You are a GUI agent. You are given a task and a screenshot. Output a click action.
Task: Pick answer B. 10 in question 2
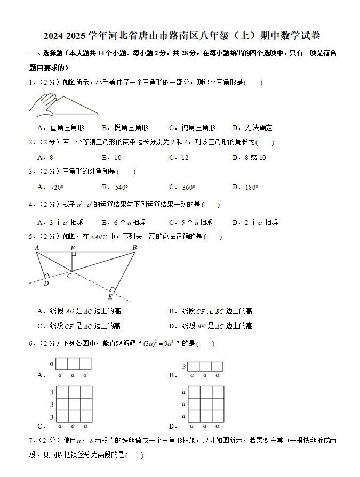111,158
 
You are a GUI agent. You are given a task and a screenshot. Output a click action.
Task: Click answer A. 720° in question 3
51,187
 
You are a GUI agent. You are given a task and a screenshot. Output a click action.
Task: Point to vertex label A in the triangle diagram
37,248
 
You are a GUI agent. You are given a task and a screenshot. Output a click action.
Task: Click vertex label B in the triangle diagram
134,248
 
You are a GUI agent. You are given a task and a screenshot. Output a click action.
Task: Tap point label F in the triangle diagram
73,248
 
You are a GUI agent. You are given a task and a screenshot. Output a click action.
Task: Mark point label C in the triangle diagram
69,276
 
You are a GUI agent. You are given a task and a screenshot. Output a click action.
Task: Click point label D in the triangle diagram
46,284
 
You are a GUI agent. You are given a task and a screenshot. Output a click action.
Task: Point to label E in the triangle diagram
110,297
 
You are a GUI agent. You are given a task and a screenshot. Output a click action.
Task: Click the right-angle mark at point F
74,254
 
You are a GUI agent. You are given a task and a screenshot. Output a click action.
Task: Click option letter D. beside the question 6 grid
173,426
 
